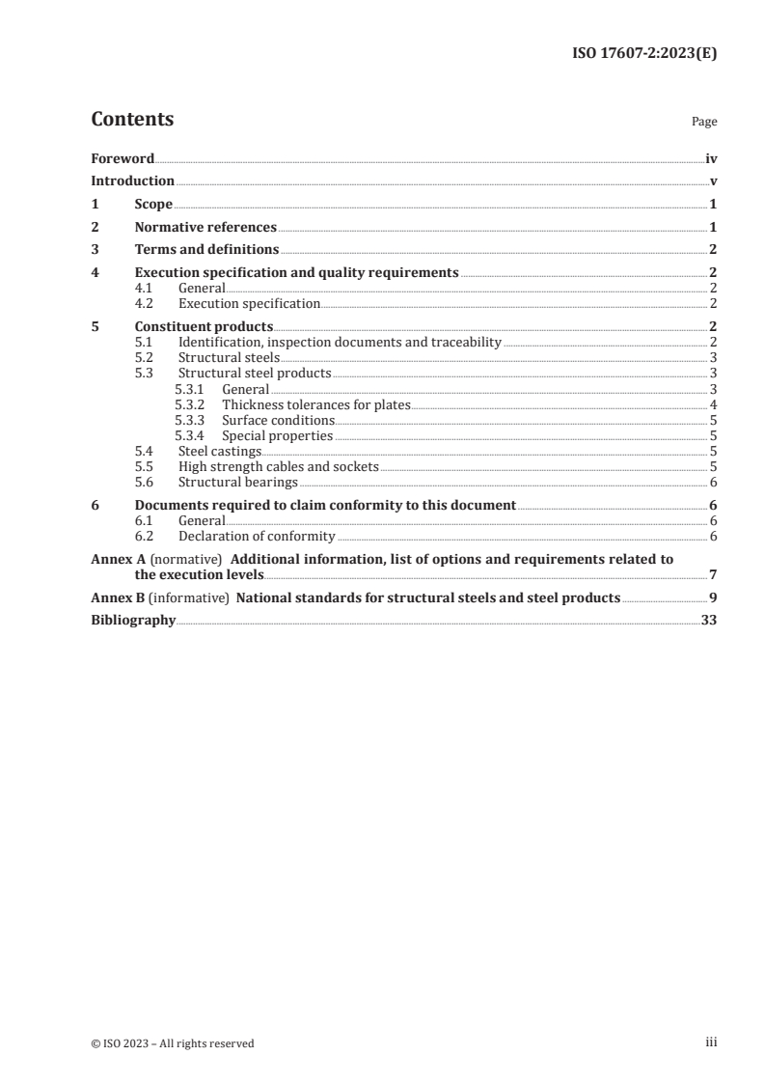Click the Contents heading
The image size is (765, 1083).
pos(132,120)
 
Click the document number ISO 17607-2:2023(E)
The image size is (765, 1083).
pos(639,54)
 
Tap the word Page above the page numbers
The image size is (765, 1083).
pos(704,123)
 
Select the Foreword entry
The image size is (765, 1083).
pos(123,157)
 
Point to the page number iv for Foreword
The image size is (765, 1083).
pos(710,157)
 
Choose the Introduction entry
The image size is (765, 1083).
pos(132,180)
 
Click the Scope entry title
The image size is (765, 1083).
pos(153,205)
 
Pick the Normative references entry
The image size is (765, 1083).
pos(205,228)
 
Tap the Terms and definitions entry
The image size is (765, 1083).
pos(206,250)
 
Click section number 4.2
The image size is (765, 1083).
pos(145,303)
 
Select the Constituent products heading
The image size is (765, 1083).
pos(204,326)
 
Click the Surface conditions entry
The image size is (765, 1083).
pos(278,420)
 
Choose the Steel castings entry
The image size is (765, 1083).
pos(220,451)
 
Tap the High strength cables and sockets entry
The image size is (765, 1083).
pos(279,466)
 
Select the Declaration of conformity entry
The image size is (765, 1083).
pos(257,536)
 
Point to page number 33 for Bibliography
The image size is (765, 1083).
pos(708,621)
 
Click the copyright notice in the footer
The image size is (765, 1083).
pos(173,1042)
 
